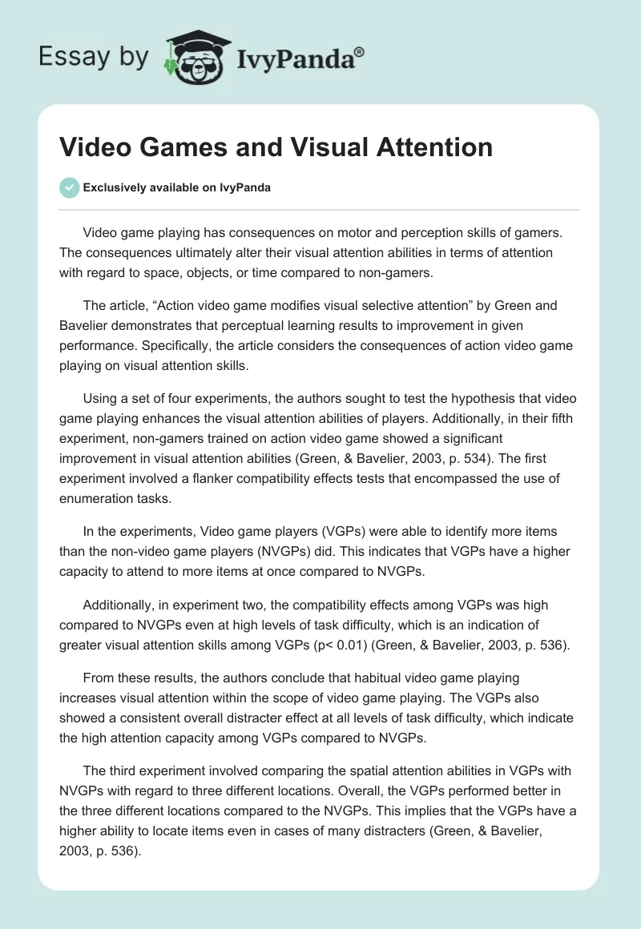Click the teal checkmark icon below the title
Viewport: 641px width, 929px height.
69,187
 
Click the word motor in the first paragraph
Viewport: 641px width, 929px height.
352,233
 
